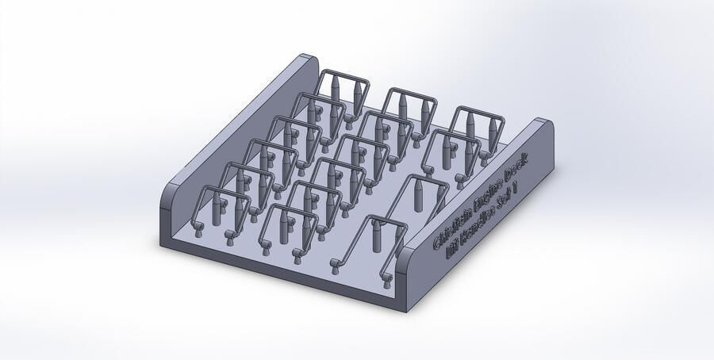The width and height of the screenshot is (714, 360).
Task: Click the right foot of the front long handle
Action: point(386,278)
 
